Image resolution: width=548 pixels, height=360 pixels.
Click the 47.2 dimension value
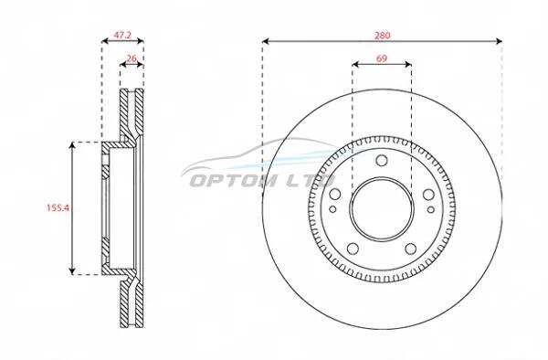122,35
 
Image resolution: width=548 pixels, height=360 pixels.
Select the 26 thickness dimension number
132,58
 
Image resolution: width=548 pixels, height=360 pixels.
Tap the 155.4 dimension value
58,208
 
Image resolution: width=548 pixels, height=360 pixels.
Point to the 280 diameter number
383,36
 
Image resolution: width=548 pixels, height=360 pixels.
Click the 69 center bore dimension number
382,58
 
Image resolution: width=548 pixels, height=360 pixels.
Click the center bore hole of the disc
382,209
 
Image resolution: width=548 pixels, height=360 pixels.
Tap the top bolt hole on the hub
382,161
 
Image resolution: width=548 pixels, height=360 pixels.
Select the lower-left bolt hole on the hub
353,249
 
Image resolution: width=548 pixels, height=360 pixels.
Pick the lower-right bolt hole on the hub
411,249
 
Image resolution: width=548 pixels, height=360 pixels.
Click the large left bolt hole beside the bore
335,194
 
